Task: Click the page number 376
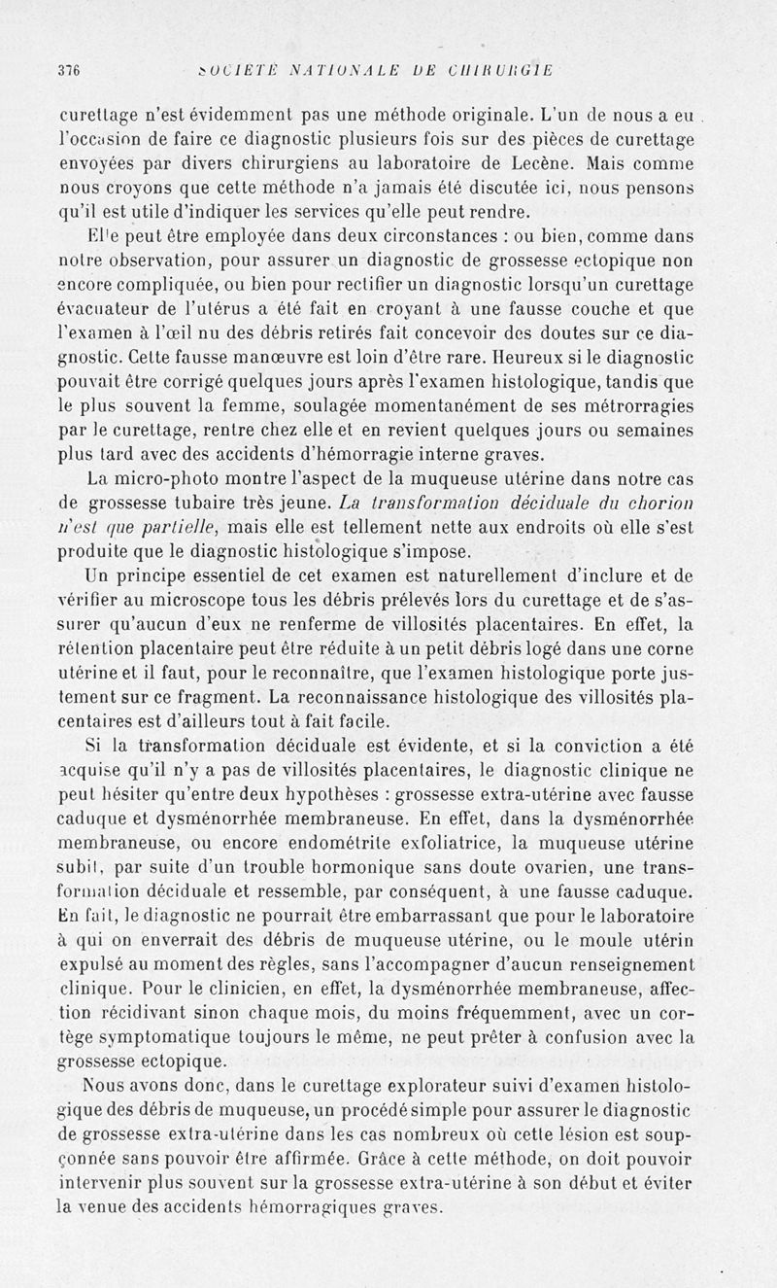[x=68, y=69]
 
